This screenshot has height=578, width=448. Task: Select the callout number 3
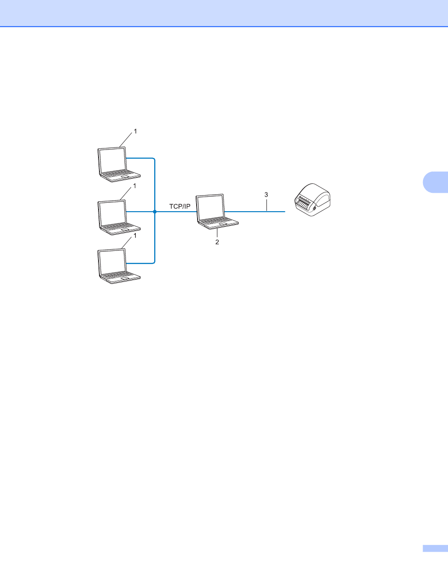(266, 194)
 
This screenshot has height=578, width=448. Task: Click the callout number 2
(218, 241)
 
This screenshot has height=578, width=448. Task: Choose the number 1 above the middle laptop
(135, 186)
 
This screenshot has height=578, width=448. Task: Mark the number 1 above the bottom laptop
(135, 236)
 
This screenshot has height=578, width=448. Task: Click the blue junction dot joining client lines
(155, 212)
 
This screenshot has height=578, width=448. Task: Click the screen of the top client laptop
(112, 159)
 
